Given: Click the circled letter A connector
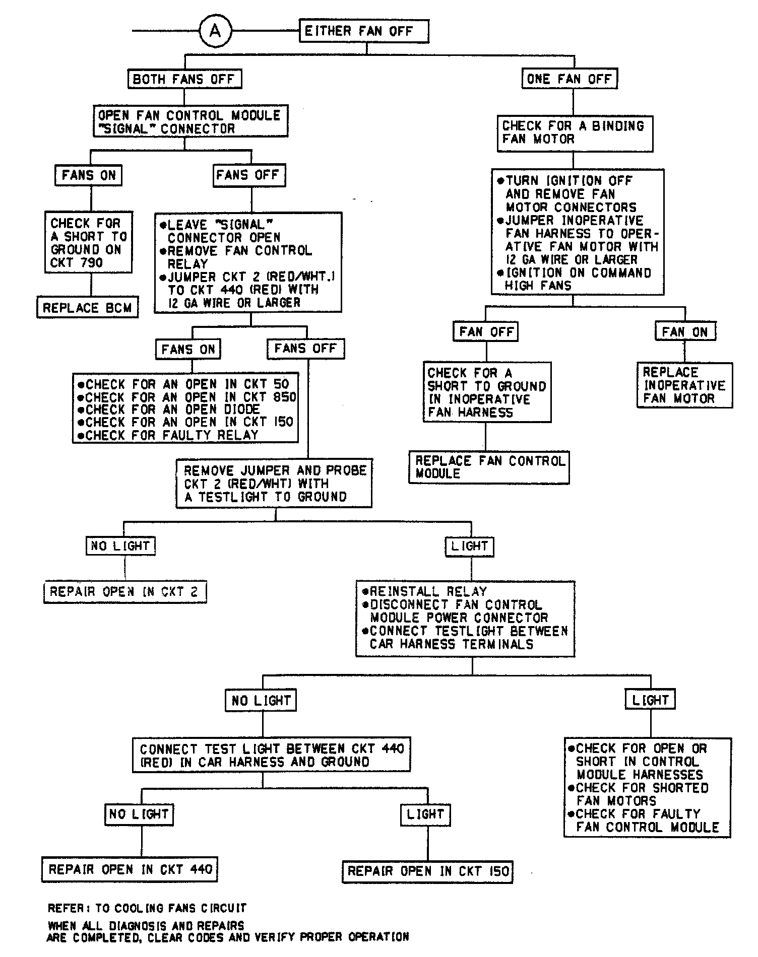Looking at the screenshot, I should point(215,31).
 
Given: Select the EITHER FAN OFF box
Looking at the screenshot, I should point(364,31).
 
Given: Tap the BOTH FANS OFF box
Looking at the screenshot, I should point(184,79).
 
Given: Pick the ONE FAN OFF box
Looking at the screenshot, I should point(569,79).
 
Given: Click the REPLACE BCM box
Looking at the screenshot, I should point(87,308).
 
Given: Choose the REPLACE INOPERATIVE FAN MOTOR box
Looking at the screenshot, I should point(684,385).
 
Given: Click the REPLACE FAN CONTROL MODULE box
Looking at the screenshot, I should point(489,467).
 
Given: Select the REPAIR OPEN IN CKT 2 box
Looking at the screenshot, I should point(124,592).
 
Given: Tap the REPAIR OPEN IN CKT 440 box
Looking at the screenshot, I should point(130,869).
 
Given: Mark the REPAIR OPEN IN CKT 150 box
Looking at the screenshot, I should point(428,871).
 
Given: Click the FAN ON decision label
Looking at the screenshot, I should point(684,332).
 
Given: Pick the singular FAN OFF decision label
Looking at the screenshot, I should point(486,332).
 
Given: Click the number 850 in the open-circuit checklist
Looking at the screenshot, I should point(284,397).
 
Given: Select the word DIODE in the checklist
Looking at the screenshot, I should point(242,409).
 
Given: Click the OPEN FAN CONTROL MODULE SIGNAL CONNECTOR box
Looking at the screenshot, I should point(190,121).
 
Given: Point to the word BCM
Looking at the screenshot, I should point(119,308).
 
